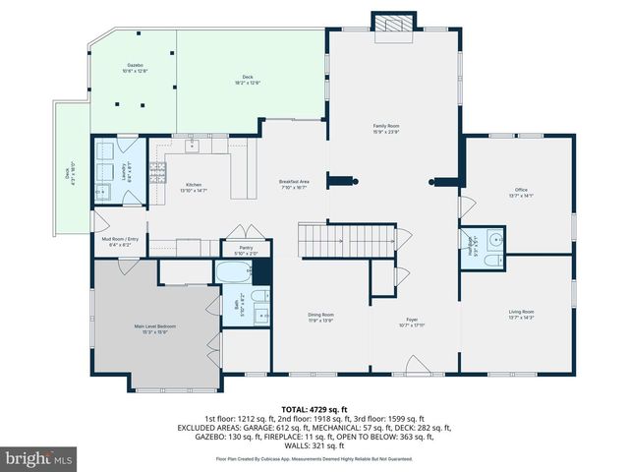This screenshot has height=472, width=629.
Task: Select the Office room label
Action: pos(521,189)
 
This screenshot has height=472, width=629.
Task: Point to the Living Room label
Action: pos(521,312)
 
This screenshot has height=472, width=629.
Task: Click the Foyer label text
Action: pos(413,320)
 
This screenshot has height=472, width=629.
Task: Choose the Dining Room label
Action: pos(322,314)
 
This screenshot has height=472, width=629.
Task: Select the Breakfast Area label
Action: pos(294,181)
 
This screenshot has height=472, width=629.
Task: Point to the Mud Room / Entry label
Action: pos(120,239)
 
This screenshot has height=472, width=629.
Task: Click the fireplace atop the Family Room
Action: pos(392,25)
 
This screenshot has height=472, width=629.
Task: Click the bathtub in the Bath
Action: pos(234,272)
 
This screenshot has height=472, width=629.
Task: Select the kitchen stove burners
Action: pos(192,147)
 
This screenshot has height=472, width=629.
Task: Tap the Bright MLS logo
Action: pos(39,457)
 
